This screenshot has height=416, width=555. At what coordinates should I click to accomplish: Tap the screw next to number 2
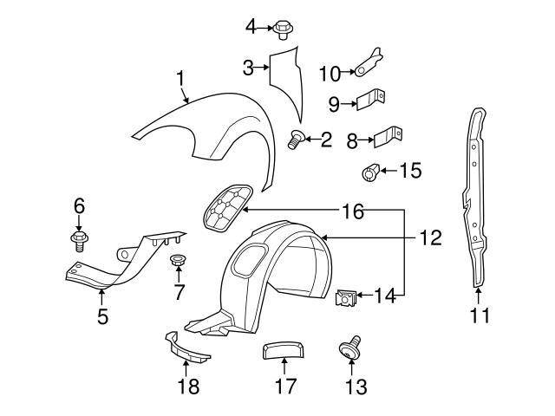click(x=297, y=138)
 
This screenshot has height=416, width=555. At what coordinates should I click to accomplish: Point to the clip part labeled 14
click(x=344, y=299)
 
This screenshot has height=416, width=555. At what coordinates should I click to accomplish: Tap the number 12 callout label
click(x=431, y=236)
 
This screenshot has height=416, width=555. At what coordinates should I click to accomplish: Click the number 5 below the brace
click(x=102, y=317)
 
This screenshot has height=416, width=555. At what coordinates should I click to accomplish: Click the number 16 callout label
click(x=351, y=211)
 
